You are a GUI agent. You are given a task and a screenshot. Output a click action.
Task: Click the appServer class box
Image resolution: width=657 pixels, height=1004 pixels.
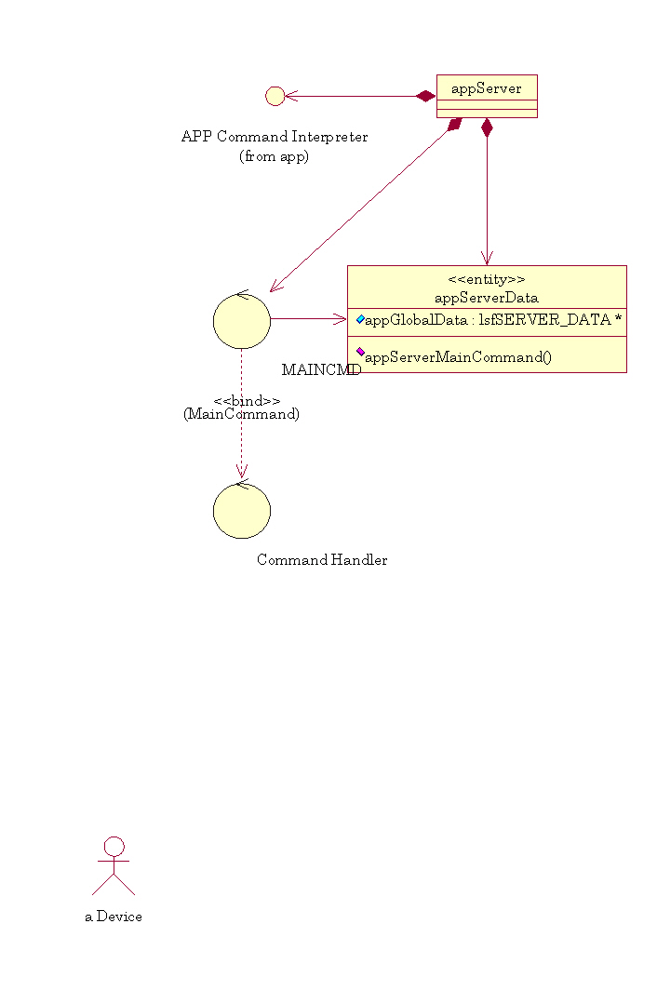point(487,96)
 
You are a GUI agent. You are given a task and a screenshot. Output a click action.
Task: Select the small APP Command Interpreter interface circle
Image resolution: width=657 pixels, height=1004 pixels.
point(275,96)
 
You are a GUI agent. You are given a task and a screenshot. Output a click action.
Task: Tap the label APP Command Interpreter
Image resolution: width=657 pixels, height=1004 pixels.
point(275,137)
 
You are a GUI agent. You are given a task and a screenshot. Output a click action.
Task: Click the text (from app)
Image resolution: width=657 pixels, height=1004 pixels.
point(275,156)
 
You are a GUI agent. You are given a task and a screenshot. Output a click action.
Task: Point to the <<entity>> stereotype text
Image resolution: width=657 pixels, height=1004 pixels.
point(487,279)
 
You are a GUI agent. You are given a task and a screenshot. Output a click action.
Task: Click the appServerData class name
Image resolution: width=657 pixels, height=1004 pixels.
point(487,298)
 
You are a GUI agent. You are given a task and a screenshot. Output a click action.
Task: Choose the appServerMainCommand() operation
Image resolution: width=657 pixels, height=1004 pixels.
point(459,357)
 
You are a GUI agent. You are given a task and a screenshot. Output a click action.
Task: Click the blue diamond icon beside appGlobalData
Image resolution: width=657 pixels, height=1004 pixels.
point(360,319)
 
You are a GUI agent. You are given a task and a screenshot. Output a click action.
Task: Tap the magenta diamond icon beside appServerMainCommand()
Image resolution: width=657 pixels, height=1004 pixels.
point(360,352)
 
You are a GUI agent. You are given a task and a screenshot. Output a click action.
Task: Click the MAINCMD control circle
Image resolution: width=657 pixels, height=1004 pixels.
point(242,321)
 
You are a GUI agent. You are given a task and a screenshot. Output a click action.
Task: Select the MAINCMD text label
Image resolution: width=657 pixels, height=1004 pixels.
point(321,369)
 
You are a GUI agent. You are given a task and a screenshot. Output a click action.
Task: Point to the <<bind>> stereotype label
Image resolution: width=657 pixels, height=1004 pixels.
point(247,401)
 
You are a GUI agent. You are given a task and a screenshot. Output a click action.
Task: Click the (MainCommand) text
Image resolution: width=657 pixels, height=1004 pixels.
point(242,414)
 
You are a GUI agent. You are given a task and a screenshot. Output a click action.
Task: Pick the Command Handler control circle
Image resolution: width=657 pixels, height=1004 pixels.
point(242,510)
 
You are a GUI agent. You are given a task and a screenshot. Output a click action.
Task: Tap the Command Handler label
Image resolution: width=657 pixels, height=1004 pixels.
point(322,560)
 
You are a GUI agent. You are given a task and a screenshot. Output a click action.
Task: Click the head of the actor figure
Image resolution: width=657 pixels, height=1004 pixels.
point(114,846)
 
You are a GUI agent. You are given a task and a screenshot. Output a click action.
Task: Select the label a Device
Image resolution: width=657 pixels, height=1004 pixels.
point(114,917)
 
